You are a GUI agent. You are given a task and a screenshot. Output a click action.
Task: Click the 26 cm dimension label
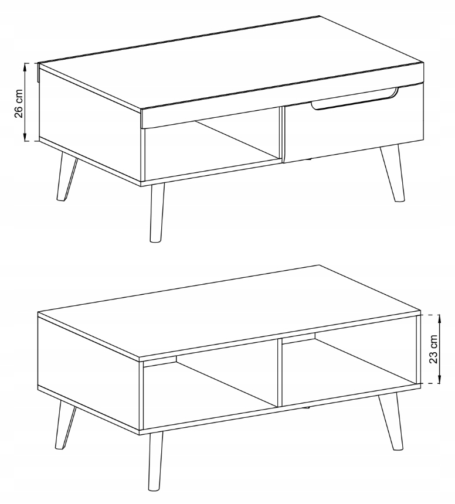tap(19, 104)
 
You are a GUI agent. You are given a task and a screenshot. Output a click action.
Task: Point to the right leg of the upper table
tap(393, 173)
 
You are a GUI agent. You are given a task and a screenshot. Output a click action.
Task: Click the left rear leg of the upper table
tap(66, 178)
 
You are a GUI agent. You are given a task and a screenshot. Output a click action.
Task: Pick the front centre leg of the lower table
tap(156, 463)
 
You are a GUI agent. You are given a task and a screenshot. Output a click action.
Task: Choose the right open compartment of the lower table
tap(349, 366)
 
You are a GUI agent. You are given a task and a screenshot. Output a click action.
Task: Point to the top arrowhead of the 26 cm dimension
tap(25, 66)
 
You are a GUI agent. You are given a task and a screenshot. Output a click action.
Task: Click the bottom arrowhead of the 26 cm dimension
tap(25, 138)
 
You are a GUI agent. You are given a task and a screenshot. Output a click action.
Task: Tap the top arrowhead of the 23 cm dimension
tap(440, 318)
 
